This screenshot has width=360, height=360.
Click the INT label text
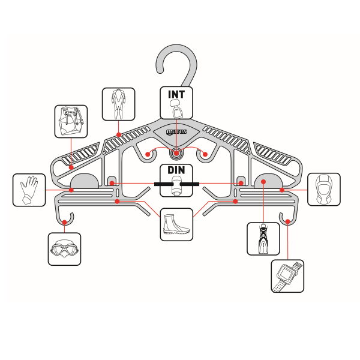176,95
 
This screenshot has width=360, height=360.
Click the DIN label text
176,170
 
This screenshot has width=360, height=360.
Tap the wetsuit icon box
118,104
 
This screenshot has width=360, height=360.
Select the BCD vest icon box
71,122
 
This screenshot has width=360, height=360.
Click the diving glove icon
29,190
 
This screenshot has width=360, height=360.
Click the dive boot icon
176,224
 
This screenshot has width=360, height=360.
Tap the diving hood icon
323,190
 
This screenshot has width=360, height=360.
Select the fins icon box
263,238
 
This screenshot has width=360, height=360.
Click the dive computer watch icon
287,276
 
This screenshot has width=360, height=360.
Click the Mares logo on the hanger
176,133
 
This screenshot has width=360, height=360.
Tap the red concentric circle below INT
176,152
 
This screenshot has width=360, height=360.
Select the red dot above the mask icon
64,222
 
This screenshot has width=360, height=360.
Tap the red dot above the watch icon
288,221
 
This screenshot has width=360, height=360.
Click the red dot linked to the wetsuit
119,134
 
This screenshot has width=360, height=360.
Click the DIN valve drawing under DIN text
176,187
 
